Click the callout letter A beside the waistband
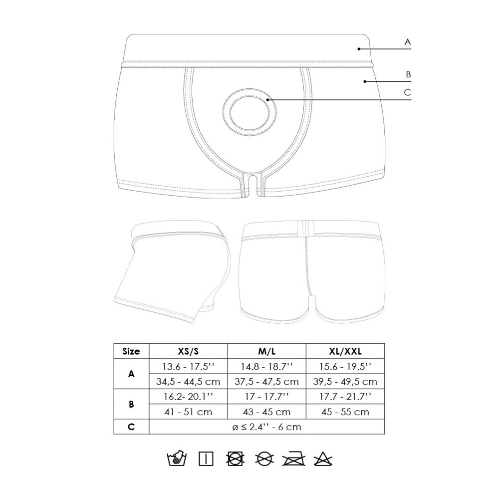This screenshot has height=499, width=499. (407, 43)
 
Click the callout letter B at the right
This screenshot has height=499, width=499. (408, 74)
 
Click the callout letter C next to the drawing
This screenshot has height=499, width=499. (407, 92)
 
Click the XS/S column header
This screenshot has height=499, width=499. (189, 351)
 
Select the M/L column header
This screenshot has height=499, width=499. (266, 351)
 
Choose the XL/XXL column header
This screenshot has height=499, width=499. (345, 351)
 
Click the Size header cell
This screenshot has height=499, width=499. (131, 351)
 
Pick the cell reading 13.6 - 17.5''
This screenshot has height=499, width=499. (189, 366)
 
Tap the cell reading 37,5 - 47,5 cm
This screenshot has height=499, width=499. (266, 382)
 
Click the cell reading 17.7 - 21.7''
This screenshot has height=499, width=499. (345, 397)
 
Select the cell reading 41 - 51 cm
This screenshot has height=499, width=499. (189, 412)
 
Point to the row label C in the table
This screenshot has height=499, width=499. (131, 427)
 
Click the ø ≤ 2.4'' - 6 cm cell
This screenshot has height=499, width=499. (266, 427)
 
